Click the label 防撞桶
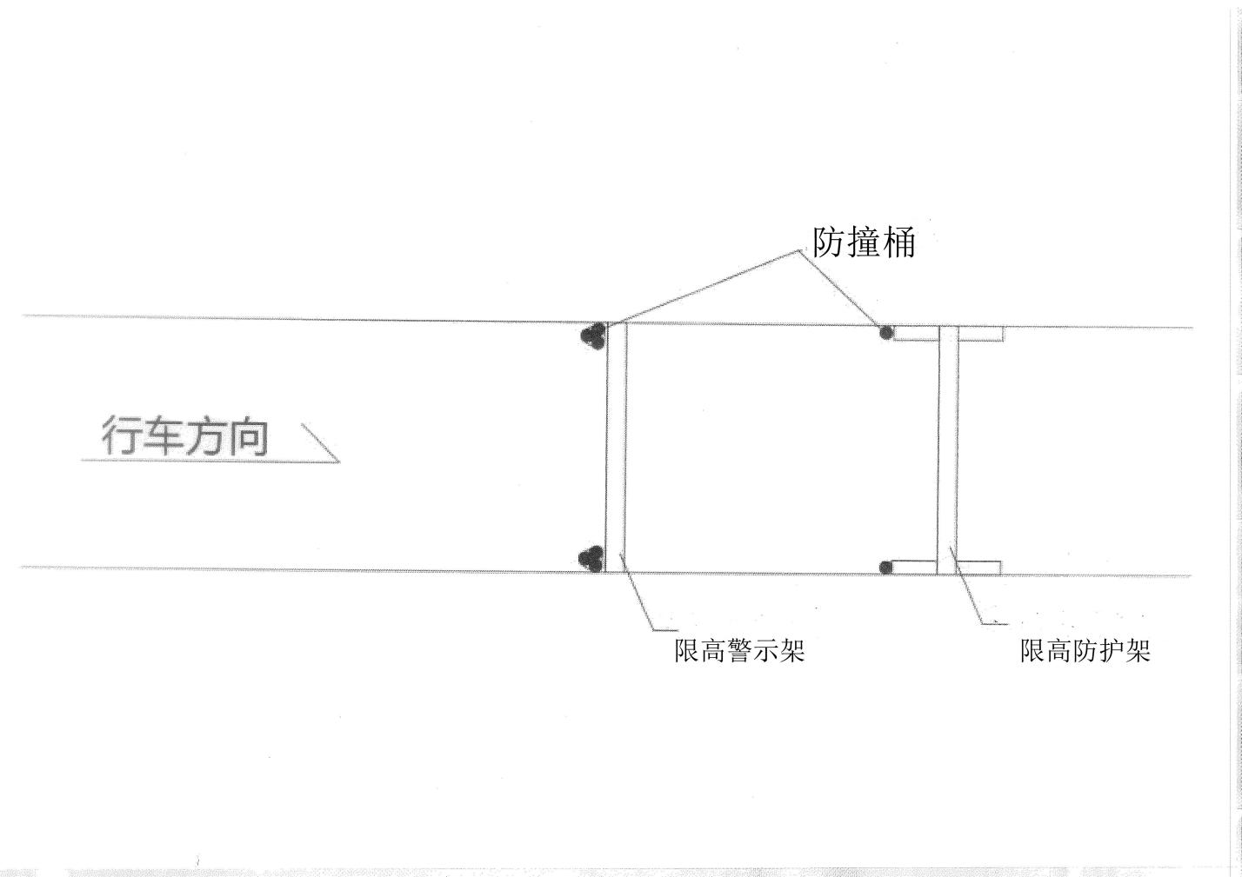pos(864,243)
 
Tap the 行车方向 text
pos(184,437)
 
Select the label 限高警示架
pos(739,651)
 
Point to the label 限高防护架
pos(1085,651)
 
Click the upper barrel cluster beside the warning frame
pos(594,336)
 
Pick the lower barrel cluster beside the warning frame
pos(591,559)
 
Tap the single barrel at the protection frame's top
pos(886,332)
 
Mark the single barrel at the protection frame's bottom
pos(885,568)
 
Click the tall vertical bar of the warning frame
pos(616,448)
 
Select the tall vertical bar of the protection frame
pos(947,449)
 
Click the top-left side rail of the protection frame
pos(915,333)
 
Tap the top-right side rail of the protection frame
pos(981,333)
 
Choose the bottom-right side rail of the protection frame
pos(979,568)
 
